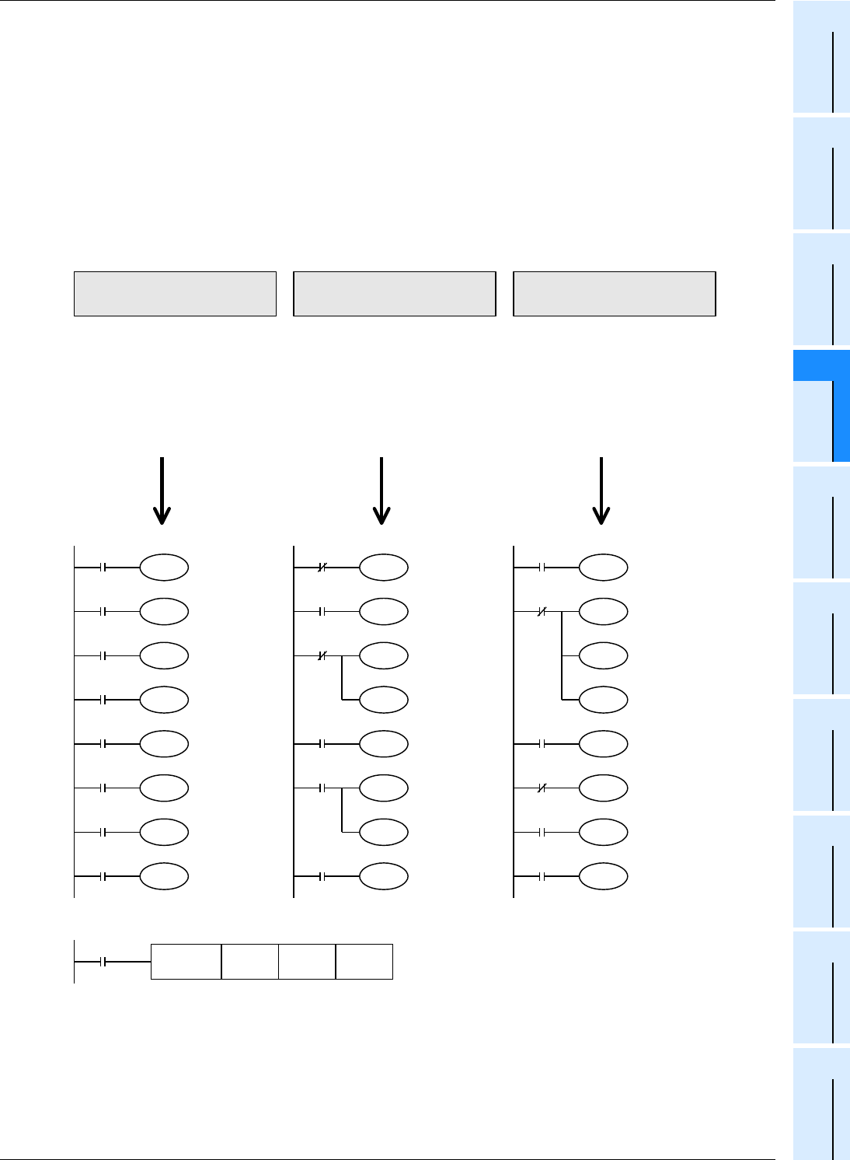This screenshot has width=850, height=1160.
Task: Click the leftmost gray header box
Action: [175, 294]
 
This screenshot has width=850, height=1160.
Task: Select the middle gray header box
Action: [395, 294]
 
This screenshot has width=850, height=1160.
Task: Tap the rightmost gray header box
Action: [615, 294]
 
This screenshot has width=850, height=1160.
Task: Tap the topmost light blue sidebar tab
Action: [821, 58]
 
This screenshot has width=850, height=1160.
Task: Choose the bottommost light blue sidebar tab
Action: [821, 1104]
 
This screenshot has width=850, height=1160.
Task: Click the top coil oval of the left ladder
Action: [164, 568]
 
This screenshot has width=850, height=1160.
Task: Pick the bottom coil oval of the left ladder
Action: [164, 876]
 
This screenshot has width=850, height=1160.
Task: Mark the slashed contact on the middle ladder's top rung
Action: [322, 568]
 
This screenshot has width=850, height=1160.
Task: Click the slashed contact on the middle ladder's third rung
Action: [322, 656]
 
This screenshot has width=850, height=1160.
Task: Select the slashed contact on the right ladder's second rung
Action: [542, 612]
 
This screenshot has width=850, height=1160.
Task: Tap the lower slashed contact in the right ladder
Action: [542, 788]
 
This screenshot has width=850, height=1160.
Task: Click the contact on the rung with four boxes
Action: [103, 962]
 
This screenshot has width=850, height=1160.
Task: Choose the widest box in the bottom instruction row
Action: [186, 962]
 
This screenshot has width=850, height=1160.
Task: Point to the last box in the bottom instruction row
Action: [364, 962]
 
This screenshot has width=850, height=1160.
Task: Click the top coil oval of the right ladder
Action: [604, 568]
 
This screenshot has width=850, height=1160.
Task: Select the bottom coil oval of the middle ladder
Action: [384, 876]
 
